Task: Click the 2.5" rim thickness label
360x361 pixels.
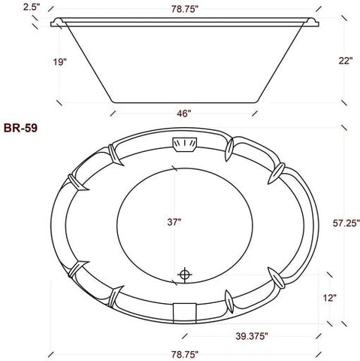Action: [x=11, y=8]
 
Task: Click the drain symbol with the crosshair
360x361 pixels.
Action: [x=185, y=274]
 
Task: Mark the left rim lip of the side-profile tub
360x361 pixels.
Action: [x=56, y=22]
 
